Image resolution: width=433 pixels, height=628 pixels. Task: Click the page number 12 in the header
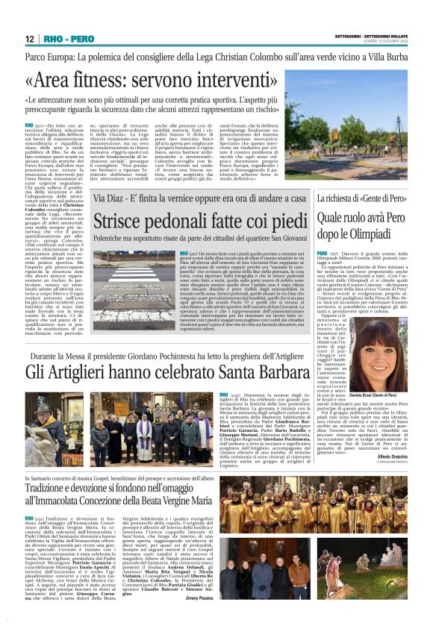(x=30, y=39)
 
